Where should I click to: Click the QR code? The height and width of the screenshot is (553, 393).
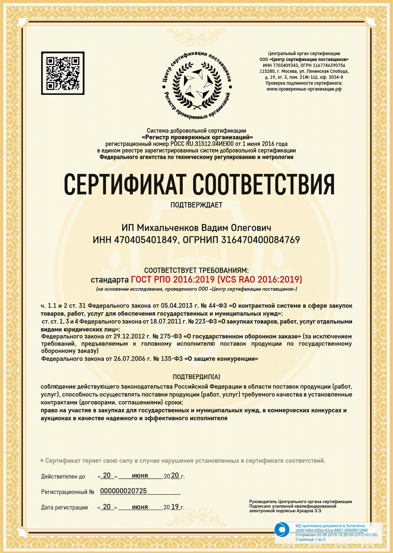click(x=63, y=73)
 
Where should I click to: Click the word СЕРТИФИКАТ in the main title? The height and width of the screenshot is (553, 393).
click(x=124, y=184)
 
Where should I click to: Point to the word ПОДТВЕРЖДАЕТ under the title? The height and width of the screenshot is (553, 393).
click(x=196, y=205)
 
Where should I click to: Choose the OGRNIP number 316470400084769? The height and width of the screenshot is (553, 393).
click(x=260, y=240)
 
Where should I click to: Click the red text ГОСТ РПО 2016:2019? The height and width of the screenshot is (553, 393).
click(x=173, y=279)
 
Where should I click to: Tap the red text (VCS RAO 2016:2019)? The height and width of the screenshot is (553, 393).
click(x=260, y=279)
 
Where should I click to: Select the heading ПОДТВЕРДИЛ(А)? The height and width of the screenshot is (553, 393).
click(x=196, y=377)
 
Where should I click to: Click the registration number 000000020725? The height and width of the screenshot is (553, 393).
click(x=123, y=491)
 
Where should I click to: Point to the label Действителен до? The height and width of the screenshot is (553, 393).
click(x=63, y=476)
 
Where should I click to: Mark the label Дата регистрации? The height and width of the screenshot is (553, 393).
click(x=64, y=508)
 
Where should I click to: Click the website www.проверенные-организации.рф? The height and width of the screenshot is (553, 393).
click(x=304, y=89)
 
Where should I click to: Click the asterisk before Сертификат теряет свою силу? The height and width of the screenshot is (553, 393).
click(x=42, y=461)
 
